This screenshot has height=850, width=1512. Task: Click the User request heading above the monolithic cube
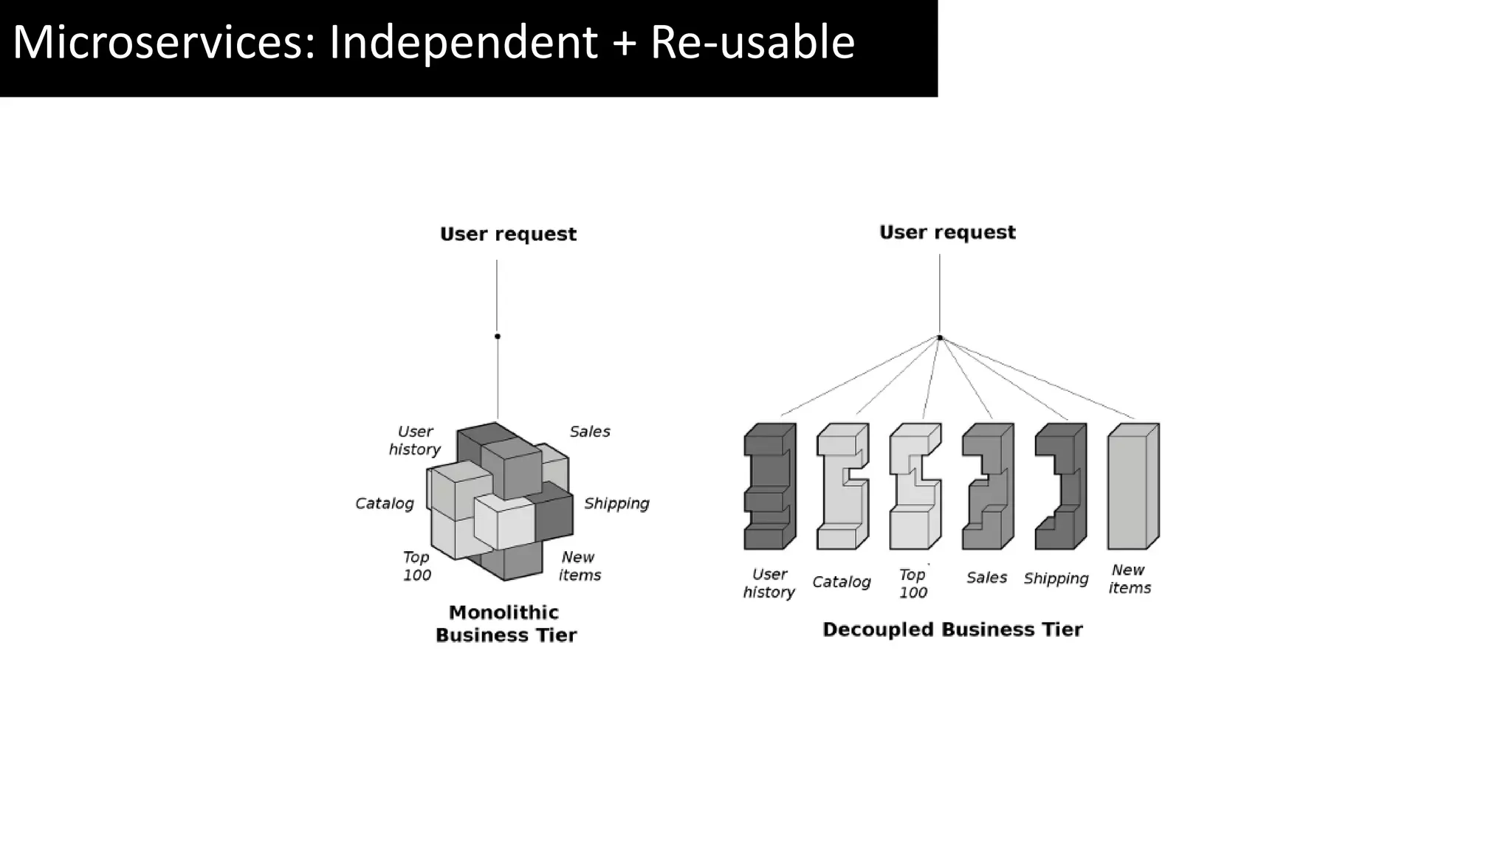point(508,234)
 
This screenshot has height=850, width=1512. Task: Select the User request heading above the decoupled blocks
point(947,232)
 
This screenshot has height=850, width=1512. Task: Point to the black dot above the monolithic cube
point(498,336)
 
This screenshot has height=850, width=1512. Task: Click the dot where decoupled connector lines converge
point(940,338)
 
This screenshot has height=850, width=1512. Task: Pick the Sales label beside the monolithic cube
point(590,432)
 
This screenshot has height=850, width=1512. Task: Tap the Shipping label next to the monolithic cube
point(616,503)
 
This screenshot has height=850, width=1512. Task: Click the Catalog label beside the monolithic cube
point(385,503)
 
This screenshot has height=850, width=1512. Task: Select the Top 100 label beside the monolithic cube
point(416,566)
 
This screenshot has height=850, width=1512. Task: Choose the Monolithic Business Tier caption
point(506,623)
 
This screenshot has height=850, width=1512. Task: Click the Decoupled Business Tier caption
point(952,629)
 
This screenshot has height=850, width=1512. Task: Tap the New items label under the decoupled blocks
point(1130,579)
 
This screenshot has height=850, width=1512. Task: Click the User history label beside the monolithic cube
point(415,440)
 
